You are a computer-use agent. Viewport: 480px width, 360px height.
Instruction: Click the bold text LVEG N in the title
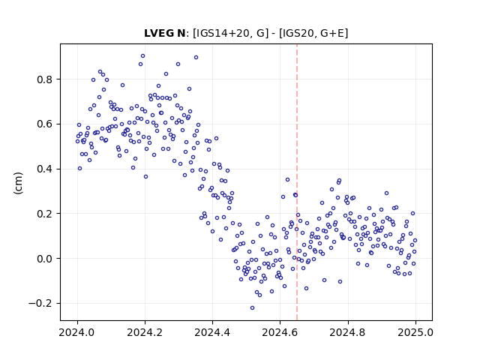point(165,33)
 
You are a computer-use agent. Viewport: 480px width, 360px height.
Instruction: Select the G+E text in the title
point(331,33)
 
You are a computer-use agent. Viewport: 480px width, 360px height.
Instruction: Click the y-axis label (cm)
point(18,183)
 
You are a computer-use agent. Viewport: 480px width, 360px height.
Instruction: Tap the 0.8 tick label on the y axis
point(45,79)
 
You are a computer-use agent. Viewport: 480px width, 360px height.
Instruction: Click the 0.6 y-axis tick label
point(45,124)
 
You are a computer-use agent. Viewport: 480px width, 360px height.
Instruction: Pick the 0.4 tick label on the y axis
point(45,169)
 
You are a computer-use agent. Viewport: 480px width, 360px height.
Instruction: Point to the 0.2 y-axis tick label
point(45,214)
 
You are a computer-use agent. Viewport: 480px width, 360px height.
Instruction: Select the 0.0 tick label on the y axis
point(45,259)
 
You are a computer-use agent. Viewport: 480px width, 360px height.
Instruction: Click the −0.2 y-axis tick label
point(40,303)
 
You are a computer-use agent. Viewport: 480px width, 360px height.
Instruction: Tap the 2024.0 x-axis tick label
point(77,332)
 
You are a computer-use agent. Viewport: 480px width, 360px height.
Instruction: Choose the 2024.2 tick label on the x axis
point(145,332)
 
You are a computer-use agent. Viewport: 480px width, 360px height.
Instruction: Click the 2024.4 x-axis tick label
point(212,332)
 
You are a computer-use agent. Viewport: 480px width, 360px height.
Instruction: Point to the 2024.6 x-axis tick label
point(280,332)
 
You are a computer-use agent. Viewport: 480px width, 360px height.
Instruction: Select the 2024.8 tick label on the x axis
point(348,332)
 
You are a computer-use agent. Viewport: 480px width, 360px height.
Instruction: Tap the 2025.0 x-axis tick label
point(415,332)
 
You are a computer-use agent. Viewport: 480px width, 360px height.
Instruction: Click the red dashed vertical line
point(297,182)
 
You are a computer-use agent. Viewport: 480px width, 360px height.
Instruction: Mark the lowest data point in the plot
point(252,308)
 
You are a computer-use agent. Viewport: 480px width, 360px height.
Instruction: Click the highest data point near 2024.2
point(142,56)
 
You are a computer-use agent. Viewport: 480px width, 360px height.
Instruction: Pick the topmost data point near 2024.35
point(196,58)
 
